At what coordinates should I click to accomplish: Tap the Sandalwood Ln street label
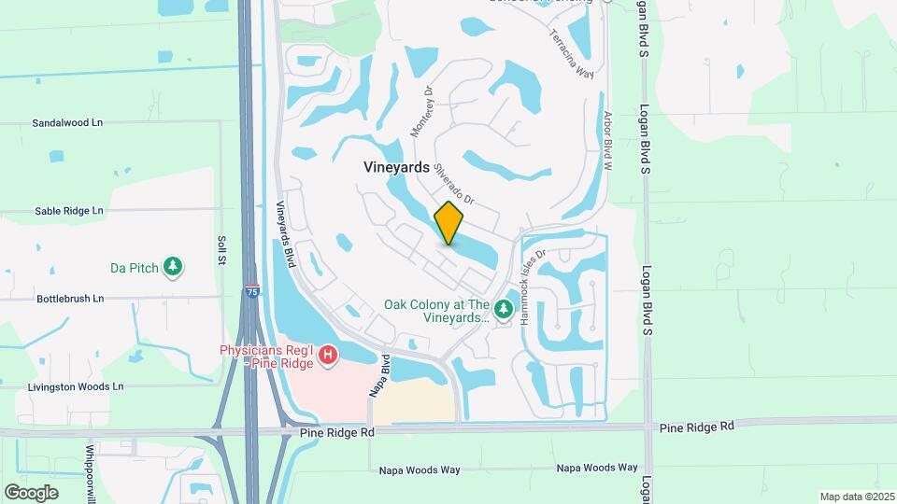coord(67,123)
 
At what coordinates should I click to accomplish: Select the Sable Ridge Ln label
coord(69,211)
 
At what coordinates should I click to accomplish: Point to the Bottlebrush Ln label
coord(70,299)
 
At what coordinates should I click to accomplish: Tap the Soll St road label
coord(222,251)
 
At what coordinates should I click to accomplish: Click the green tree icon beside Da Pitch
coord(173,268)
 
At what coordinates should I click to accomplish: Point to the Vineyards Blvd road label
coord(287,232)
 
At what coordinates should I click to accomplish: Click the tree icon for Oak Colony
coord(504,308)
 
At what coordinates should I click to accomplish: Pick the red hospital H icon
coord(327,355)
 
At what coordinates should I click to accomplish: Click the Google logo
coord(31,493)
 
